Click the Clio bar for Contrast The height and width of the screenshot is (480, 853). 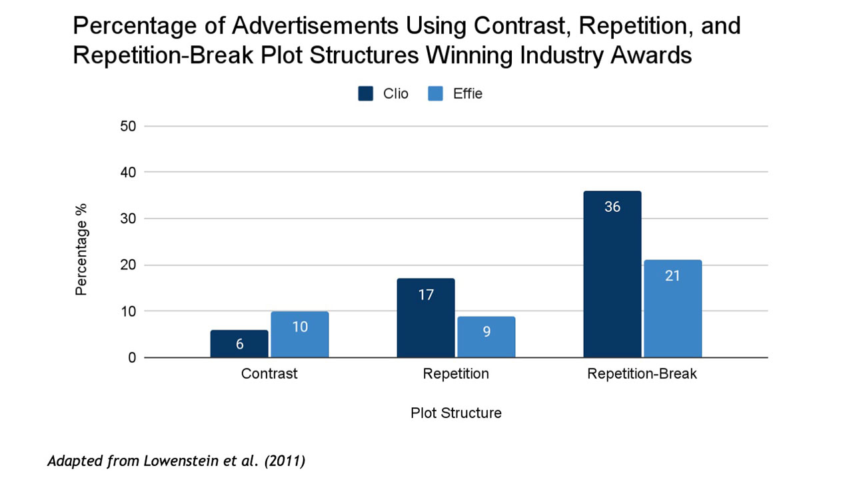point(239,344)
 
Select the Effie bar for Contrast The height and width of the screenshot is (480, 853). point(299,335)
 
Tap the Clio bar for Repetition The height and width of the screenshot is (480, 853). point(426,318)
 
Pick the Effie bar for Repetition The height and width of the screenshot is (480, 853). point(486,337)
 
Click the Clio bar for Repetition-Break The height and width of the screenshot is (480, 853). point(612,274)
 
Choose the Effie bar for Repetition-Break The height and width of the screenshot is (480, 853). point(672,309)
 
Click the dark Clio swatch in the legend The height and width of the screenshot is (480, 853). point(365,94)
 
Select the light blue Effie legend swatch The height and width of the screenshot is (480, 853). point(435,94)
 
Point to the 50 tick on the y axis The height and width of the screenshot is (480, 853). point(128,126)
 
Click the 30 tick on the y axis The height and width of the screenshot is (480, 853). point(128,219)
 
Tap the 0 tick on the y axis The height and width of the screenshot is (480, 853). point(132,358)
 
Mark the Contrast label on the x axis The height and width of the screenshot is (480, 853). point(269,374)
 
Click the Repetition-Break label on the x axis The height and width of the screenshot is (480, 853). point(642,374)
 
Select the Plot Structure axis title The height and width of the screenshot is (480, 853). point(456,413)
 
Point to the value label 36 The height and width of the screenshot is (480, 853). point(612,207)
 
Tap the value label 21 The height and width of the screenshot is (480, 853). point(672,275)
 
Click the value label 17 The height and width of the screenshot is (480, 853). point(426,295)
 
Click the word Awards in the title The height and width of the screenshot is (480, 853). point(650,55)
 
